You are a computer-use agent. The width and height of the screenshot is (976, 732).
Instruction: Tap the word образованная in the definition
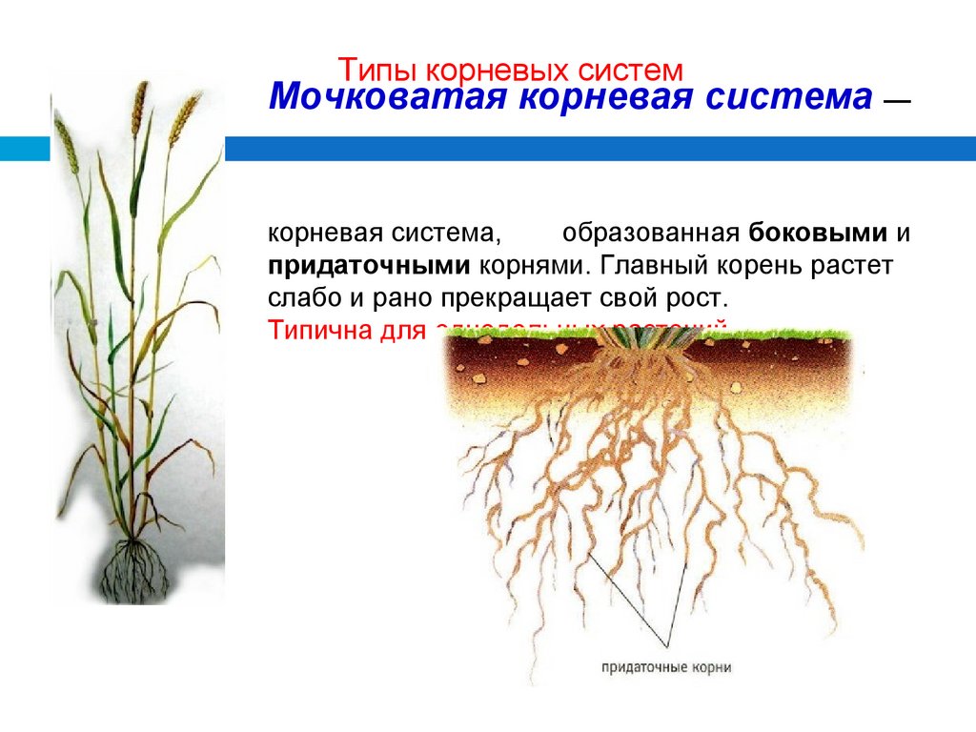tap(651, 234)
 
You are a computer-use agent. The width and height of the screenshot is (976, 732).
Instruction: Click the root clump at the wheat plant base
tap(135, 567)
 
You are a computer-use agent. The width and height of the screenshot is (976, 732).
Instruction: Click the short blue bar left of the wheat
tap(24, 148)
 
